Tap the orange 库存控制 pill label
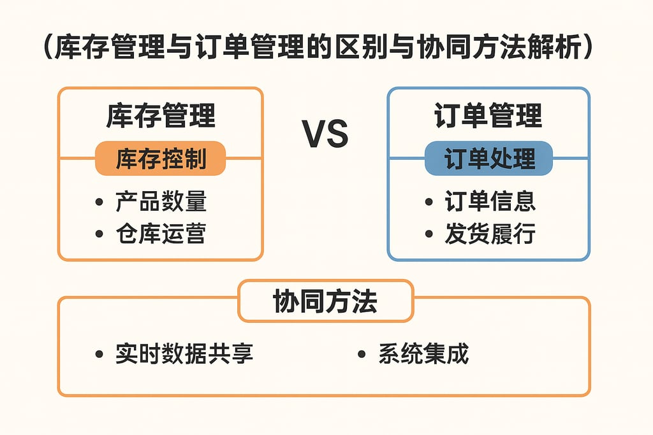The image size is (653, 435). [161, 159]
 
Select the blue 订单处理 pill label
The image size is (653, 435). [489, 159]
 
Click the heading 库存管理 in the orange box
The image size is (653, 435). [161, 117]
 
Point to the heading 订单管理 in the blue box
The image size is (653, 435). [488, 117]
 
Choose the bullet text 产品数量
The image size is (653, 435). [161, 202]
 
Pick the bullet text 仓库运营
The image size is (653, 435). [161, 234]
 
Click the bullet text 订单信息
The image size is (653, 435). [490, 202]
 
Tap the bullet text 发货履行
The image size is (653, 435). [490, 234]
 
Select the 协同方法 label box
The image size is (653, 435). [325, 301]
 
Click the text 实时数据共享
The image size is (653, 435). [184, 354]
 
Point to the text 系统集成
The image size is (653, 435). [423, 354]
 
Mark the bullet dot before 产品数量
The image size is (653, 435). [99, 203]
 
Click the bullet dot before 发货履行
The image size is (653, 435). [429, 234]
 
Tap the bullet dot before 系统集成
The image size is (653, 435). [362, 355]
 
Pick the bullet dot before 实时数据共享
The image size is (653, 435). [99, 355]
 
